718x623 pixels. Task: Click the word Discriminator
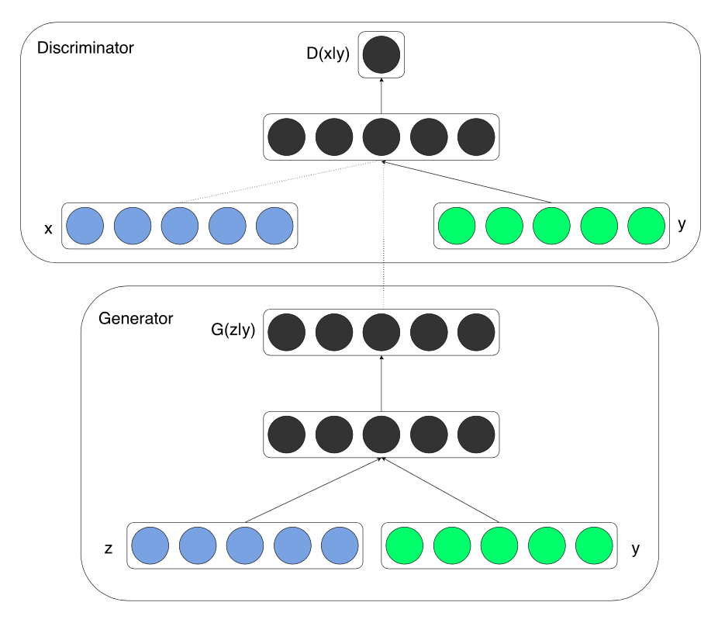[x=85, y=48]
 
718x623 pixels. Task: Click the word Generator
[x=136, y=319]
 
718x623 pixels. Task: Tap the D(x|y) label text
[x=329, y=55]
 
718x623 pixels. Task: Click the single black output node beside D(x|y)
[x=381, y=55]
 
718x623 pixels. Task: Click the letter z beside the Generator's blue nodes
[x=109, y=549]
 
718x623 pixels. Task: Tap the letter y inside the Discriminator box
[x=682, y=224]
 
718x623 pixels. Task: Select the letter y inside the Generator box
[x=636, y=549]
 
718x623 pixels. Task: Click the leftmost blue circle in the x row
[x=85, y=226]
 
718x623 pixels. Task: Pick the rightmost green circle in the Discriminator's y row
[x=646, y=226]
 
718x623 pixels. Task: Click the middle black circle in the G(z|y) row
[x=381, y=333]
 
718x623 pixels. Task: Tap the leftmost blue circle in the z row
[x=150, y=545]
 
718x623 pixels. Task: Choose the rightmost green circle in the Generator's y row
[x=595, y=545]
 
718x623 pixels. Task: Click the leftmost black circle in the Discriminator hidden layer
[x=286, y=137]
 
